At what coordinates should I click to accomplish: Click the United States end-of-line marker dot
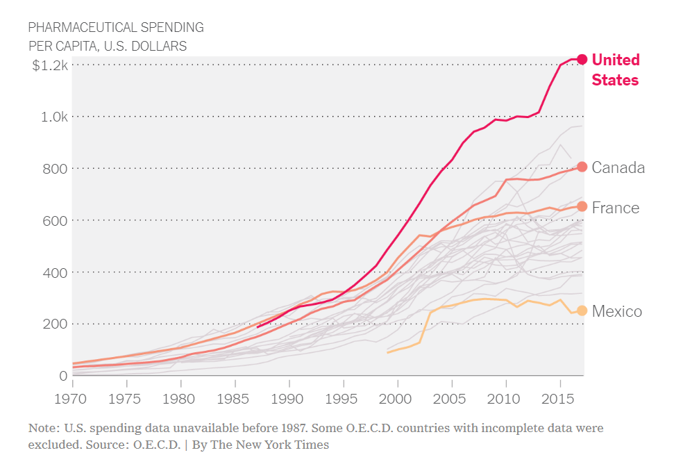tap(582, 60)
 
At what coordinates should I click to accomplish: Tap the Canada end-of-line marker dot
tap(582, 167)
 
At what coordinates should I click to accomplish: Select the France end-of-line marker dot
tap(582, 206)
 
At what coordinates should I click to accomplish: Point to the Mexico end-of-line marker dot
tap(582, 311)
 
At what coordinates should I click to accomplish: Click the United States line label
tap(615, 70)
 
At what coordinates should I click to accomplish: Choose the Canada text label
tap(618, 167)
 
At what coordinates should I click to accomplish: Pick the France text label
tap(615, 208)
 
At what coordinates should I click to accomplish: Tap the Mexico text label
tap(616, 311)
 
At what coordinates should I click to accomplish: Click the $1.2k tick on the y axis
tap(50, 65)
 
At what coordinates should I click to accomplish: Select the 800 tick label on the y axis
tap(56, 168)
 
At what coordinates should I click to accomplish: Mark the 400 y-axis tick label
tap(56, 272)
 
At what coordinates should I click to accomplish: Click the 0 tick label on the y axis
tap(63, 376)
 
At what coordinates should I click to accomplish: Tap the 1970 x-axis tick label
tap(72, 399)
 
